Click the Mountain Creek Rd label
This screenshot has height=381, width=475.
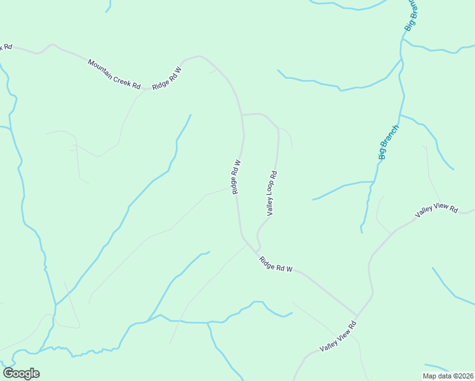click(x=114, y=74)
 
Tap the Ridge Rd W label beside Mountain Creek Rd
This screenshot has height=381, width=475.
click(x=167, y=77)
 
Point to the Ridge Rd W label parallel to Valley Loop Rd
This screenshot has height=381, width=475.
click(x=236, y=177)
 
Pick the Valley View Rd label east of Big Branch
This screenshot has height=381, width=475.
click(x=436, y=211)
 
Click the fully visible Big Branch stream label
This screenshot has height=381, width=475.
click(x=389, y=142)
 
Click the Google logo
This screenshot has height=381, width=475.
click(x=21, y=373)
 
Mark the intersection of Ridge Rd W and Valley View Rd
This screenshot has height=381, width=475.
click(x=356, y=315)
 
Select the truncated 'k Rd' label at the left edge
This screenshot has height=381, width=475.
click(x=6, y=47)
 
